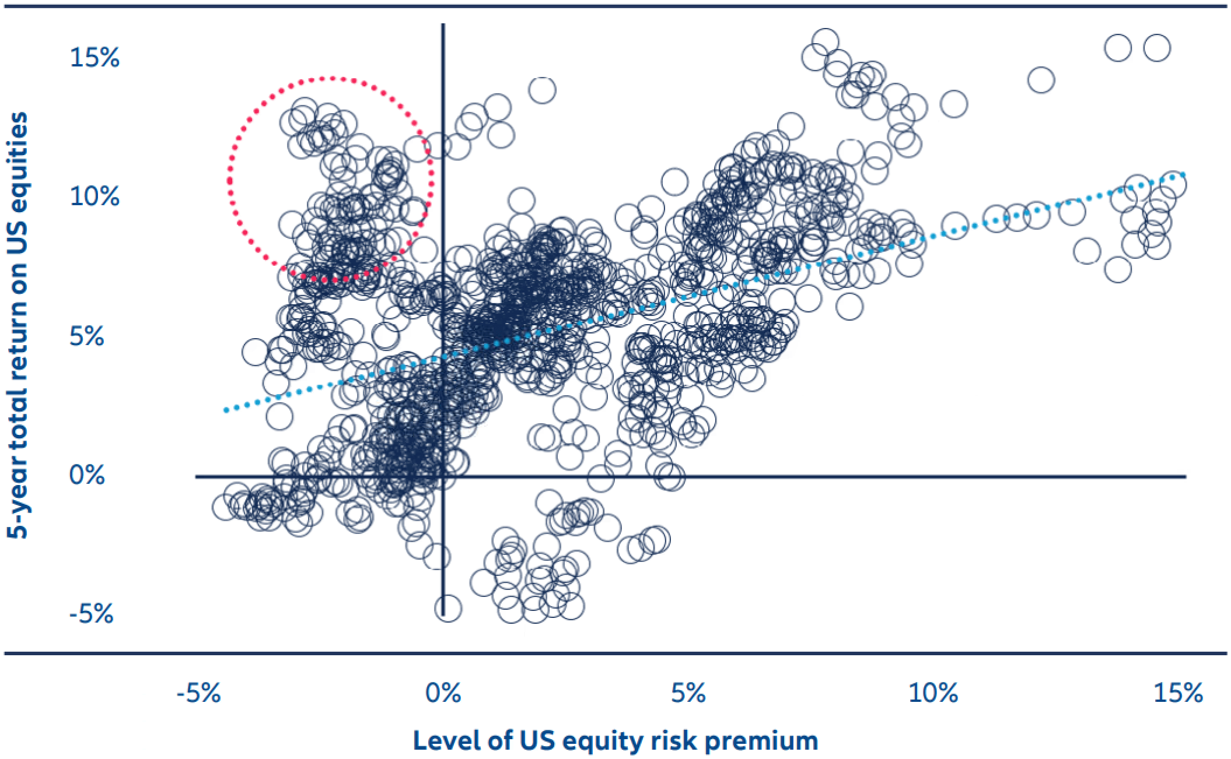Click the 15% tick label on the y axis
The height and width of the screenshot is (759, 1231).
tap(95, 58)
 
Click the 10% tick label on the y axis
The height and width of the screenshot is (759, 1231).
tap(95, 198)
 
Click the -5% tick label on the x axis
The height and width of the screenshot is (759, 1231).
tap(198, 694)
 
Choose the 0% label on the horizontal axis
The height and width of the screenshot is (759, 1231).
tap(443, 694)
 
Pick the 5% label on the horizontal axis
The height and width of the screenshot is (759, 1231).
tap(688, 694)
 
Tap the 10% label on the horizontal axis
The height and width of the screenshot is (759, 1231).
tap(933, 694)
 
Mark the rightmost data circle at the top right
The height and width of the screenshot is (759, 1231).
tap(1157, 48)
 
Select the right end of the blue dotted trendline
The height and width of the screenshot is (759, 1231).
tap(1183, 174)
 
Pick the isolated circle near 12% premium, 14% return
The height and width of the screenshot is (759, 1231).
tap(1041, 79)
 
